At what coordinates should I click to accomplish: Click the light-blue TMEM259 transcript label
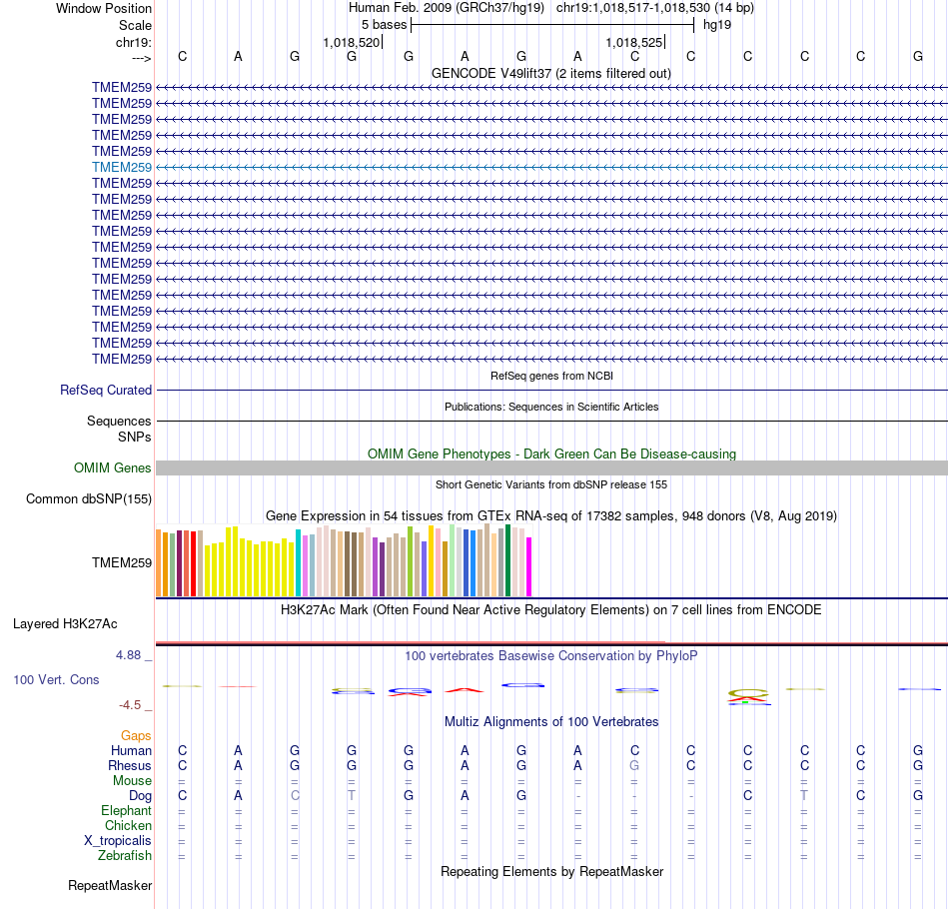(122, 167)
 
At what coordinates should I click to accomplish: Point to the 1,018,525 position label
(634, 43)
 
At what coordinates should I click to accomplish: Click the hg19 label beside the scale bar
(716, 25)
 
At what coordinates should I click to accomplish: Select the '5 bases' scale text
(384, 25)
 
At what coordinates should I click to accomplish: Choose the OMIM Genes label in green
(113, 468)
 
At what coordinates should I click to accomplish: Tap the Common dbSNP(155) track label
(89, 498)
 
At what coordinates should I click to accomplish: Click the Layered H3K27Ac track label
(65, 624)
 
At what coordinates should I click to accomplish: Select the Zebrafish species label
(125, 856)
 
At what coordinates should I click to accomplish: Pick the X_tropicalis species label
(118, 841)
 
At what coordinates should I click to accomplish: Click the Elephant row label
(127, 811)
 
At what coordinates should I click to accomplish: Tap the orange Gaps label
(136, 736)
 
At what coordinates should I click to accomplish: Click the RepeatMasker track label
(110, 886)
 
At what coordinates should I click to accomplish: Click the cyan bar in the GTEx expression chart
(299, 562)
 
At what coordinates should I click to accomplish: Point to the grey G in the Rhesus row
(634, 766)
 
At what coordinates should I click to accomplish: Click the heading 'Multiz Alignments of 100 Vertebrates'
(551, 721)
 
